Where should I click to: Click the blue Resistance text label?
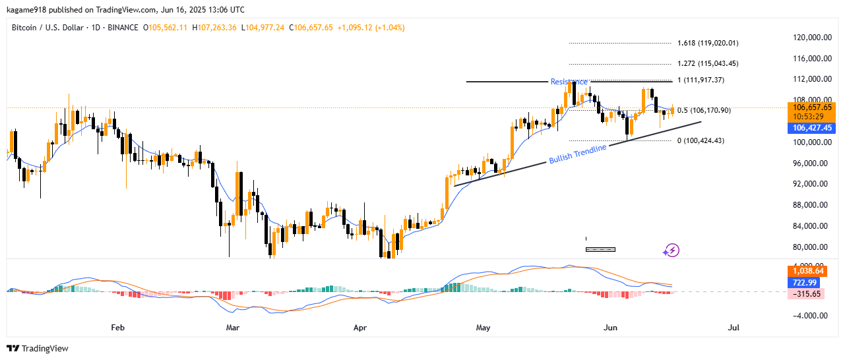pos(569,82)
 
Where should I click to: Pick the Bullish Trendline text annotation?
pos(578,154)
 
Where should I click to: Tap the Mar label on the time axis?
pos(232,327)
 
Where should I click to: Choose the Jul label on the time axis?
pos(732,327)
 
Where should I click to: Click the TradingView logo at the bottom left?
pos(38,348)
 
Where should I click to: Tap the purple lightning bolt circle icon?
pos(672,250)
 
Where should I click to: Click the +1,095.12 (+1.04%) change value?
pos(371,28)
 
